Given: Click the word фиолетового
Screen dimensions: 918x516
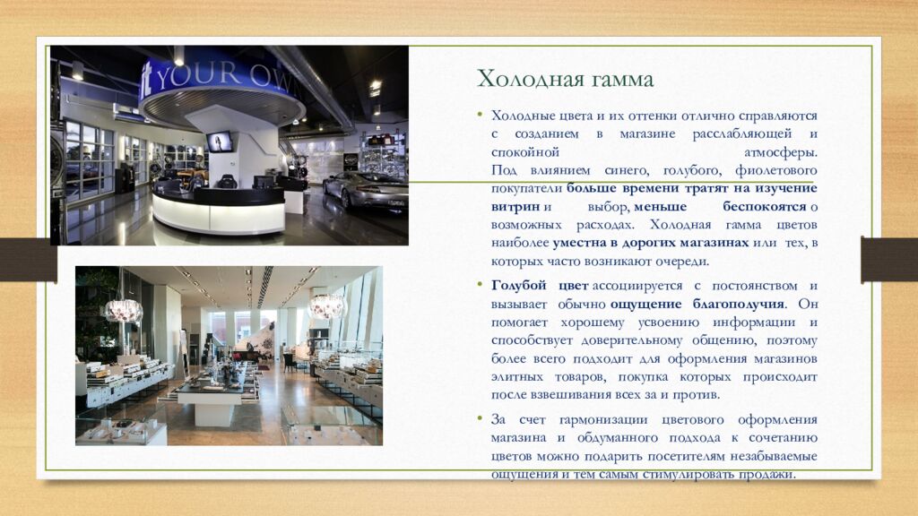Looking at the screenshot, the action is click(x=775, y=170).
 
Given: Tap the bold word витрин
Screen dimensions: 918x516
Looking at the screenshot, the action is click(x=515, y=207).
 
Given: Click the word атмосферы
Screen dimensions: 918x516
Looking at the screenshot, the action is click(x=781, y=152).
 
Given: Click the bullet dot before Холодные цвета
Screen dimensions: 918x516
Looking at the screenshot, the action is click(x=481, y=115).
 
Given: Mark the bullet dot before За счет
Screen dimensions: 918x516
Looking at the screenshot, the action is click(x=481, y=418).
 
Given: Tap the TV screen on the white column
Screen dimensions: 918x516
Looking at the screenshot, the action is click(x=219, y=142).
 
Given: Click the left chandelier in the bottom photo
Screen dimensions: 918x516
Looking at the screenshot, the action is click(x=124, y=311).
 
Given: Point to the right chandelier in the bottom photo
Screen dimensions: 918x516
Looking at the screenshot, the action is click(x=327, y=306).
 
